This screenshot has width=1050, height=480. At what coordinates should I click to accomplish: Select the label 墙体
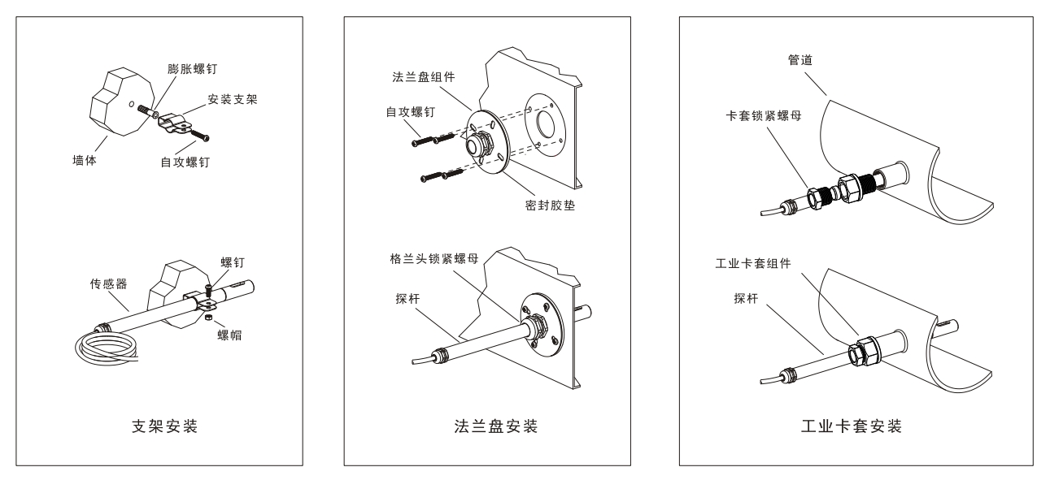[85, 160]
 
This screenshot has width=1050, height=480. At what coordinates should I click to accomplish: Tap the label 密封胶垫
[555, 205]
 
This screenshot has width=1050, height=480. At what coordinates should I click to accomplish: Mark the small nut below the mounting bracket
[208, 318]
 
